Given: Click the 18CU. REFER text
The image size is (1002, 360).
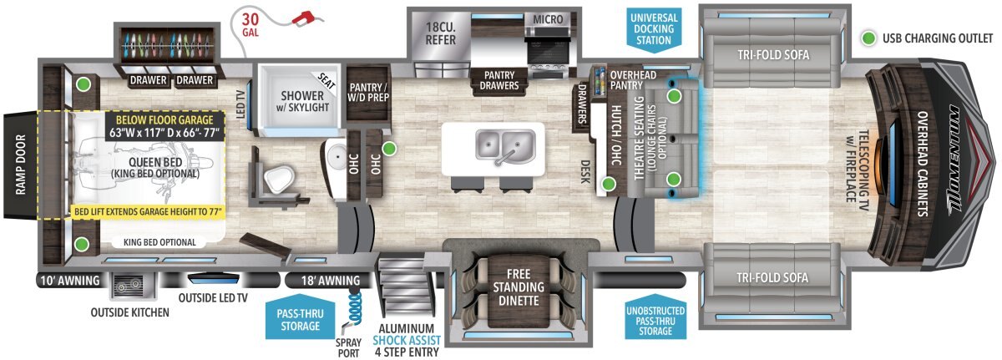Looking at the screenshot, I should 439,31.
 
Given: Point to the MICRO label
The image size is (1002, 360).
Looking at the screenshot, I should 547,18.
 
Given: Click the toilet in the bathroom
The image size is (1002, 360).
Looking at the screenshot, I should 276,175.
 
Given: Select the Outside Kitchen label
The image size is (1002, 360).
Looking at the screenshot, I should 130,313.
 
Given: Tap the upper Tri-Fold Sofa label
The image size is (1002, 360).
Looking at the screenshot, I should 773,55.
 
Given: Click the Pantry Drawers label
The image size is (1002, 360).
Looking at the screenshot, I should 498,79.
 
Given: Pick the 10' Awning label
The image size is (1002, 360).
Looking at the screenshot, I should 69,280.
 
